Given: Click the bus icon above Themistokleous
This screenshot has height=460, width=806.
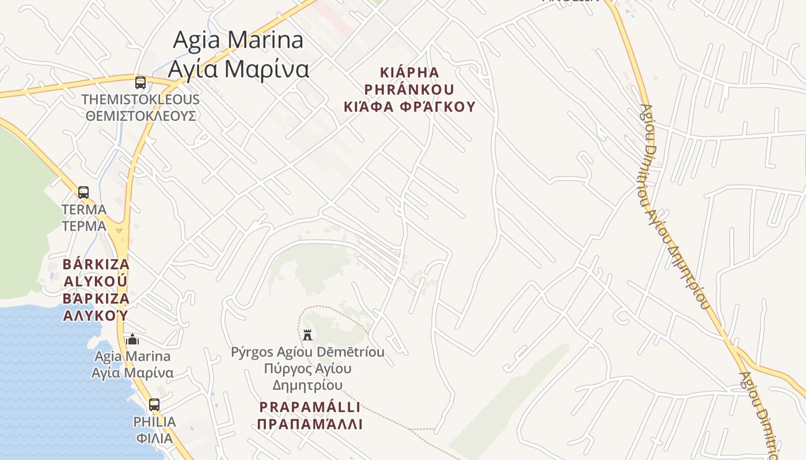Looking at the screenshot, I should (140, 82).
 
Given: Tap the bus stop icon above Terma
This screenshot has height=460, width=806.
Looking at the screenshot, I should (83, 193).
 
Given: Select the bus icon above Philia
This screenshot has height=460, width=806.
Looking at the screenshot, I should (154, 405).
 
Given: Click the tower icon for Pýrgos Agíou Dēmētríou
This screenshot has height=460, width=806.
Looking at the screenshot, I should (307, 334).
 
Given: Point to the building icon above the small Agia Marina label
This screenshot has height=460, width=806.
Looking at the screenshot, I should (132, 339).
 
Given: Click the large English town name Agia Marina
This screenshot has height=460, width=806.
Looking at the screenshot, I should (238, 40).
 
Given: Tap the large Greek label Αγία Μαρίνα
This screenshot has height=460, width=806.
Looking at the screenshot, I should (238, 69).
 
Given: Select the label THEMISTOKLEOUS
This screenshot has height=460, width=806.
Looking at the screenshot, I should (140, 99).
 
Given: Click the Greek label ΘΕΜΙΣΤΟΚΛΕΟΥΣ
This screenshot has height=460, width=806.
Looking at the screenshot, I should (141, 116).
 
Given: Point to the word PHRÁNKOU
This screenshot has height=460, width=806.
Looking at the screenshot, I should (410, 90).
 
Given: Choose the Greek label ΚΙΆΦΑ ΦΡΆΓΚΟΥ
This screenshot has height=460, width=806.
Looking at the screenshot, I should (410, 106).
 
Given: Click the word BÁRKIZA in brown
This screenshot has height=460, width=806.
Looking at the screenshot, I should (96, 264).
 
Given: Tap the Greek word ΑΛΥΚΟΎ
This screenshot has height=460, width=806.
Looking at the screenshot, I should (96, 316).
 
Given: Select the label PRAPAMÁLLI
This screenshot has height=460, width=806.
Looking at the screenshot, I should (310, 407).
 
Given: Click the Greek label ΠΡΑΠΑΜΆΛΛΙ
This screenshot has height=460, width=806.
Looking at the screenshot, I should (310, 424).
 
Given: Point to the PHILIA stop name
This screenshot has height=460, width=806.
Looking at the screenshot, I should (154, 422).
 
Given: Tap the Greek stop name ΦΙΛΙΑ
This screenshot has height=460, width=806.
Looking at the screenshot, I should (154, 438).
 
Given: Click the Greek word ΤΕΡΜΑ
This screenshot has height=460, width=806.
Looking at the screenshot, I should (84, 226).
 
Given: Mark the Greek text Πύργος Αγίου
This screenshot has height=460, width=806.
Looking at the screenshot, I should (307, 368).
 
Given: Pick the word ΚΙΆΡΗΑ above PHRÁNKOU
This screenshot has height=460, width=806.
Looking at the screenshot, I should (410, 73).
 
